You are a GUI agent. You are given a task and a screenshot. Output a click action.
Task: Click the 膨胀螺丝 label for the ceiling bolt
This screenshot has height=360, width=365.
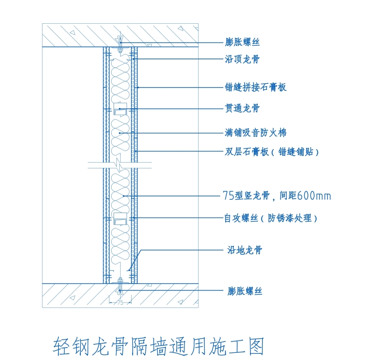pos(242,42)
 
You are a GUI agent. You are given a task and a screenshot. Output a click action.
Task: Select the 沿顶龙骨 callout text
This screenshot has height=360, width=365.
pos(242,59)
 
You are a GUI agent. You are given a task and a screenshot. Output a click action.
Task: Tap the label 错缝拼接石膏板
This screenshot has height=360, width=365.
pos(256,88)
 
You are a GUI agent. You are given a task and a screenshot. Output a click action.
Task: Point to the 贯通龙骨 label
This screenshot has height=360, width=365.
pos(242,109)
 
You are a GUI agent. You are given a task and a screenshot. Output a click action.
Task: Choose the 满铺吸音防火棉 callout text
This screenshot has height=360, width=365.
pos(256,132)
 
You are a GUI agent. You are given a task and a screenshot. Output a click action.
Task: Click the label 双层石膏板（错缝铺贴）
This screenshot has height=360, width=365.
pos(271,152)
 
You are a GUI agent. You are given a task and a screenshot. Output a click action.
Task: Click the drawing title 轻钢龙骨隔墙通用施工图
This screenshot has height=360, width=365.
pos(158,347)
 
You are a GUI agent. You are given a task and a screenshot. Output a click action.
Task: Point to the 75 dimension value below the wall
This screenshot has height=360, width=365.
pos(120,302)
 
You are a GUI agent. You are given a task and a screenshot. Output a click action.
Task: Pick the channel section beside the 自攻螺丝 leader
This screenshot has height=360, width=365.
pos(120,219)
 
